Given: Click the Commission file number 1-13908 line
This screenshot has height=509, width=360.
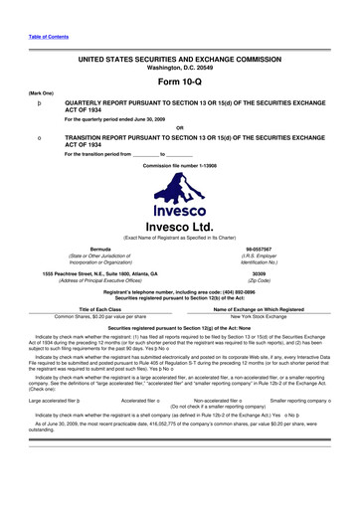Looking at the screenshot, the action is (x=180, y=164).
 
